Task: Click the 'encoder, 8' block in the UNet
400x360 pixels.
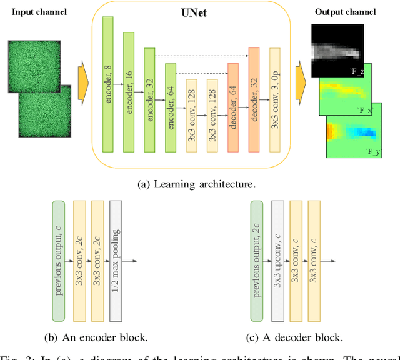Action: coord(107,84)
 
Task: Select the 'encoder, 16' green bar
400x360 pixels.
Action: coord(129,92)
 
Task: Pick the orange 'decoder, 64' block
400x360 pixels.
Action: coord(233,107)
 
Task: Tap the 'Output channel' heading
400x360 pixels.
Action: coord(346,12)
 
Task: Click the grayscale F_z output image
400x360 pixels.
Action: coord(337,50)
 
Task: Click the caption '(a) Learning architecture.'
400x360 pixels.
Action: coord(197,184)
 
